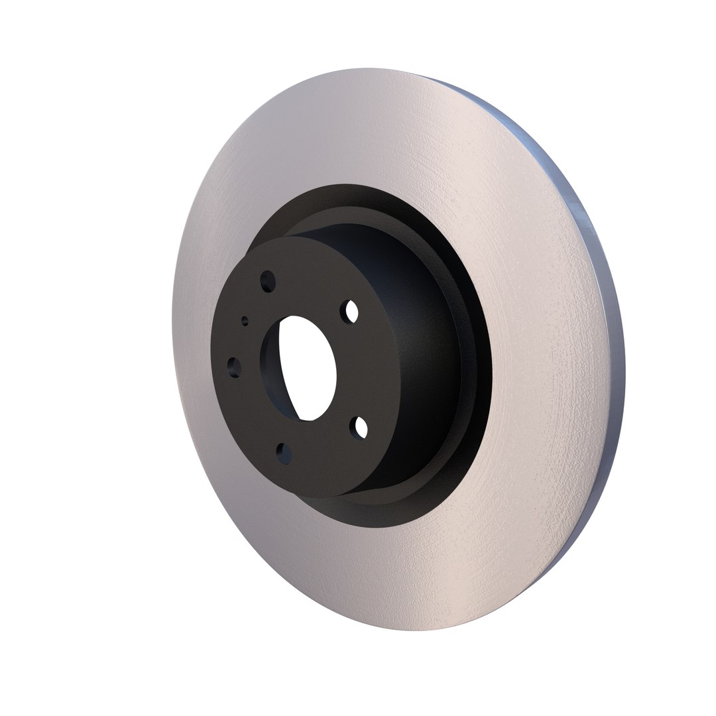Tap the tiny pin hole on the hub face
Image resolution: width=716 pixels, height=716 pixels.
pos(245,321)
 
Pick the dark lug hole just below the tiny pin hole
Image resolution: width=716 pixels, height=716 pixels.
pos(233,365)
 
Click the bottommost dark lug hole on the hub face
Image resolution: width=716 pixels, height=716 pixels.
pos(283,452)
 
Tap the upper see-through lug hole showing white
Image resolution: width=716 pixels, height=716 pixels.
pos(352,311)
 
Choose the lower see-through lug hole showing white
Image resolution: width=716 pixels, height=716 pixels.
pos(361,428)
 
